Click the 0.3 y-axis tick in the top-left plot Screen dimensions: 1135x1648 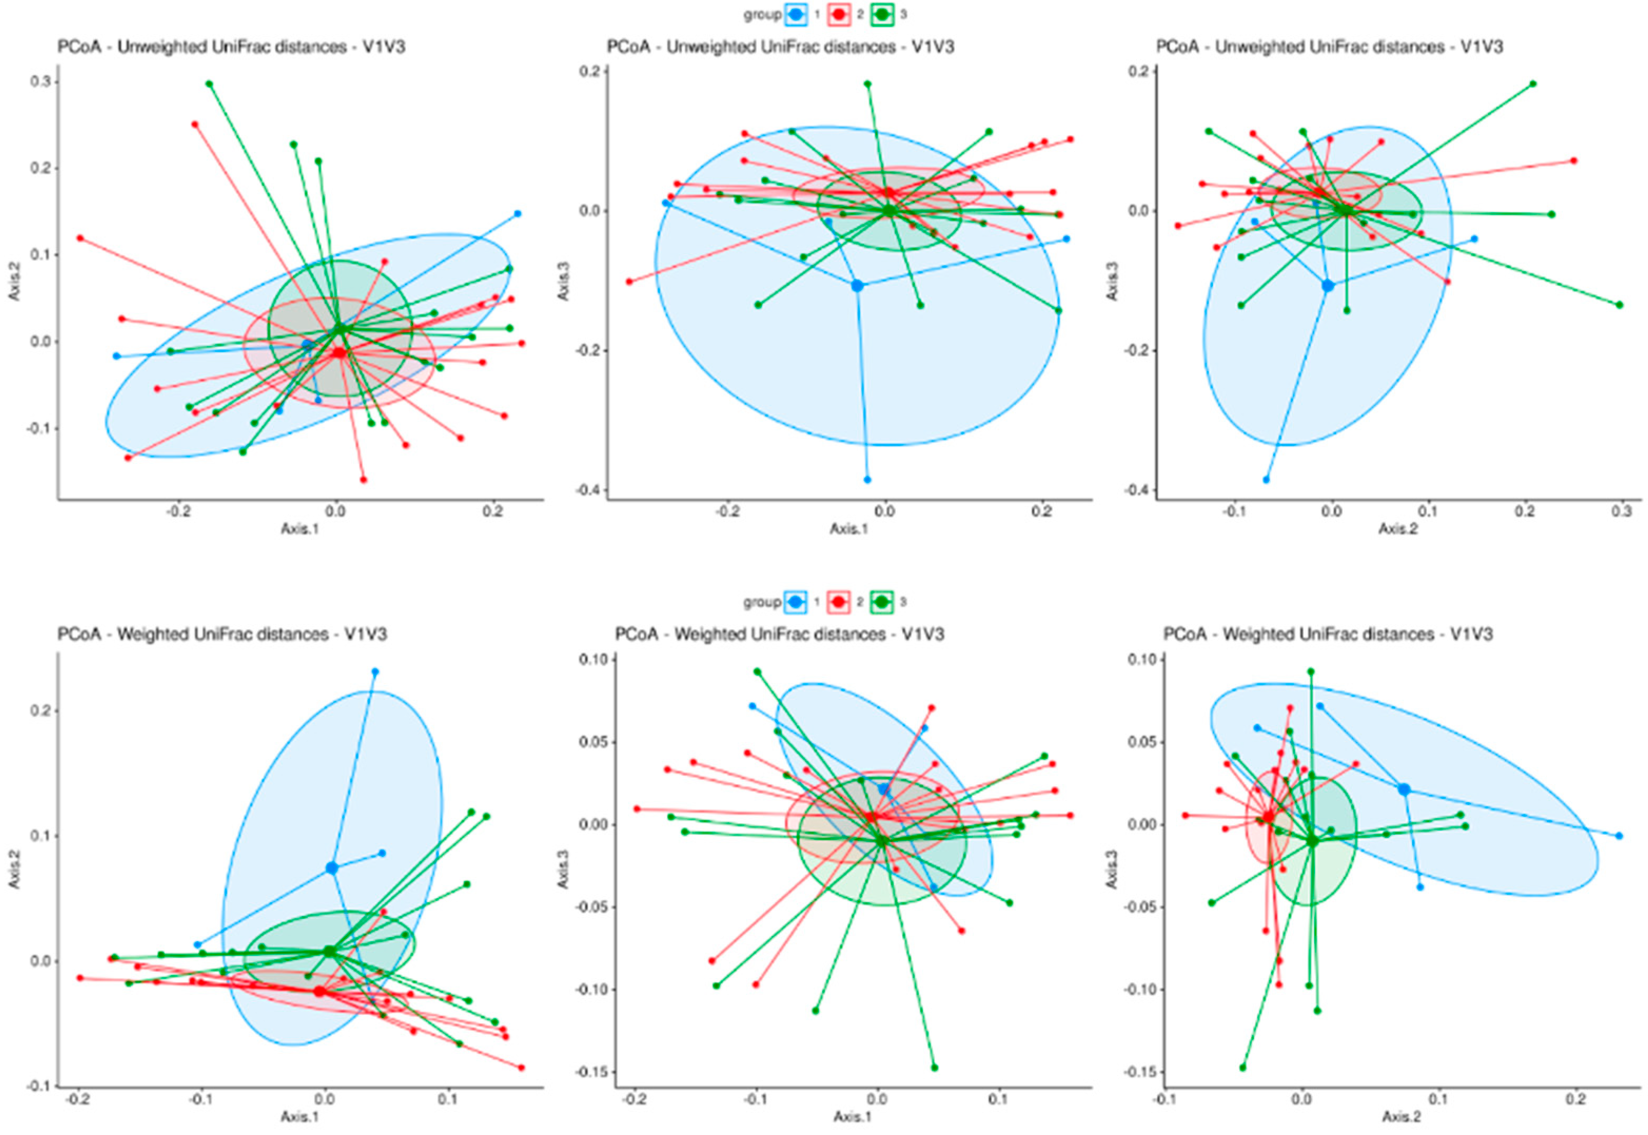(41, 82)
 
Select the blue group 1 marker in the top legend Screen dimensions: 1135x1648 (796, 14)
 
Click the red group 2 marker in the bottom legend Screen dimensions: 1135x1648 (839, 601)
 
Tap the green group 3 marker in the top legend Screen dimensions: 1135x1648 (882, 14)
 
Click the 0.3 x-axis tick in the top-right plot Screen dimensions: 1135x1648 (1621, 512)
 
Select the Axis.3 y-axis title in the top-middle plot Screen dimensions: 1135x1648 (564, 282)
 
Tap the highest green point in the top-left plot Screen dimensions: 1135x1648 (209, 84)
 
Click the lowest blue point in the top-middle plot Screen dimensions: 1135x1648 (866, 479)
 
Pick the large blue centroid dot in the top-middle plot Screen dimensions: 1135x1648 (857, 285)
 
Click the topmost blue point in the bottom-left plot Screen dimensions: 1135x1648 (374, 672)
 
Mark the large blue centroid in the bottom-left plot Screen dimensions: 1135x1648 (331, 867)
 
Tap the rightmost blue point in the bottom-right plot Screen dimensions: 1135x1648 (1619, 836)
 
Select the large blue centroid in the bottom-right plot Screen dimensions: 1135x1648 (1404, 789)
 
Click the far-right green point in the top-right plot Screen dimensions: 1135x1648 (1620, 304)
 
